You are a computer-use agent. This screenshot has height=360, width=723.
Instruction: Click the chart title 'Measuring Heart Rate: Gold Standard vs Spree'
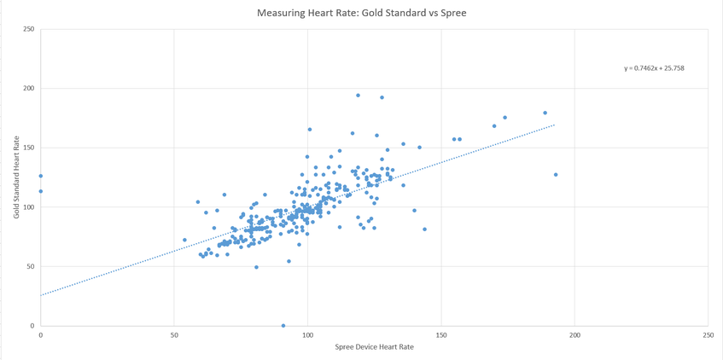point(361,14)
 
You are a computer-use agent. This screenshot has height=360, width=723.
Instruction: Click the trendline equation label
point(654,68)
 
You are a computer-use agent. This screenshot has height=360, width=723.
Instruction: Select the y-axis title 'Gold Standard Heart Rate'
point(16,177)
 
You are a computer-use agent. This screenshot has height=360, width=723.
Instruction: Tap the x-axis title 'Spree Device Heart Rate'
point(374,347)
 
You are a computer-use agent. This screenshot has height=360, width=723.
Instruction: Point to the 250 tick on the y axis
point(29,30)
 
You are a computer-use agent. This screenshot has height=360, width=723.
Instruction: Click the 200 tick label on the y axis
point(29,89)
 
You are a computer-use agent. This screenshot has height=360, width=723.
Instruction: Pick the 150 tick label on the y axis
point(29,148)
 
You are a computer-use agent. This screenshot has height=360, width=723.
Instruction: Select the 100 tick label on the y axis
point(29,207)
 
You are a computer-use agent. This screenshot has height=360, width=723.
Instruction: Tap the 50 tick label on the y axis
point(31,266)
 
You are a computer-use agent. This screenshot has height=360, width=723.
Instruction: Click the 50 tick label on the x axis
point(174,334)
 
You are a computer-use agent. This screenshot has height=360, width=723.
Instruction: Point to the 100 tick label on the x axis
point(307,334)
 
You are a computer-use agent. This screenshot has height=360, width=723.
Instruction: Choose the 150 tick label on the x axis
point(441,334)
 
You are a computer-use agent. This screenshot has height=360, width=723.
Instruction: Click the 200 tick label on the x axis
point(574,334)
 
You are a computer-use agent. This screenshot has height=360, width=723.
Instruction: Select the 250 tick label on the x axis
point(708,334)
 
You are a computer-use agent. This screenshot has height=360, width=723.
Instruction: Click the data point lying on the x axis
point(283,325)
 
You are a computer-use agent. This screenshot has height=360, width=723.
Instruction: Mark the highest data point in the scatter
point(358,96)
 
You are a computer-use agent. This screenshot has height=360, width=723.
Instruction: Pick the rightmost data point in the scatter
point(556,175)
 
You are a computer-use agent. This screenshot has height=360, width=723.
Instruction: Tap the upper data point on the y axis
point(40,177)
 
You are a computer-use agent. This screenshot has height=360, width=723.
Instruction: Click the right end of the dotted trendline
point(555,125)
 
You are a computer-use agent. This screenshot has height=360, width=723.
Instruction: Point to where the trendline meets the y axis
point(40,295)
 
